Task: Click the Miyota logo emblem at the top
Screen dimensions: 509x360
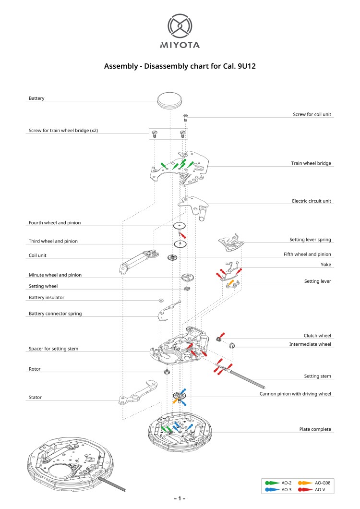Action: [180, 26]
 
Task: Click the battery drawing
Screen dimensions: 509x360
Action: [170, 100]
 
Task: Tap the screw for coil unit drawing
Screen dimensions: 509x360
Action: [186, 116]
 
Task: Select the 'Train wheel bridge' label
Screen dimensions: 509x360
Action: [311, 163]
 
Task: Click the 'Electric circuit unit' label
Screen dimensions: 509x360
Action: [311, 201]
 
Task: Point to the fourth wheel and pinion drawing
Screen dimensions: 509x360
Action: [179, 226]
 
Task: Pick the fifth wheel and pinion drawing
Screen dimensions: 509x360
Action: [172, 258]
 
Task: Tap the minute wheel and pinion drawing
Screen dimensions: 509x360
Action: [187, 277]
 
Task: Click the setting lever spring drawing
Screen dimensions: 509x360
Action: [230, 243]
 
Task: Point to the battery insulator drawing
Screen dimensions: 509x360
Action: [161, 300]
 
